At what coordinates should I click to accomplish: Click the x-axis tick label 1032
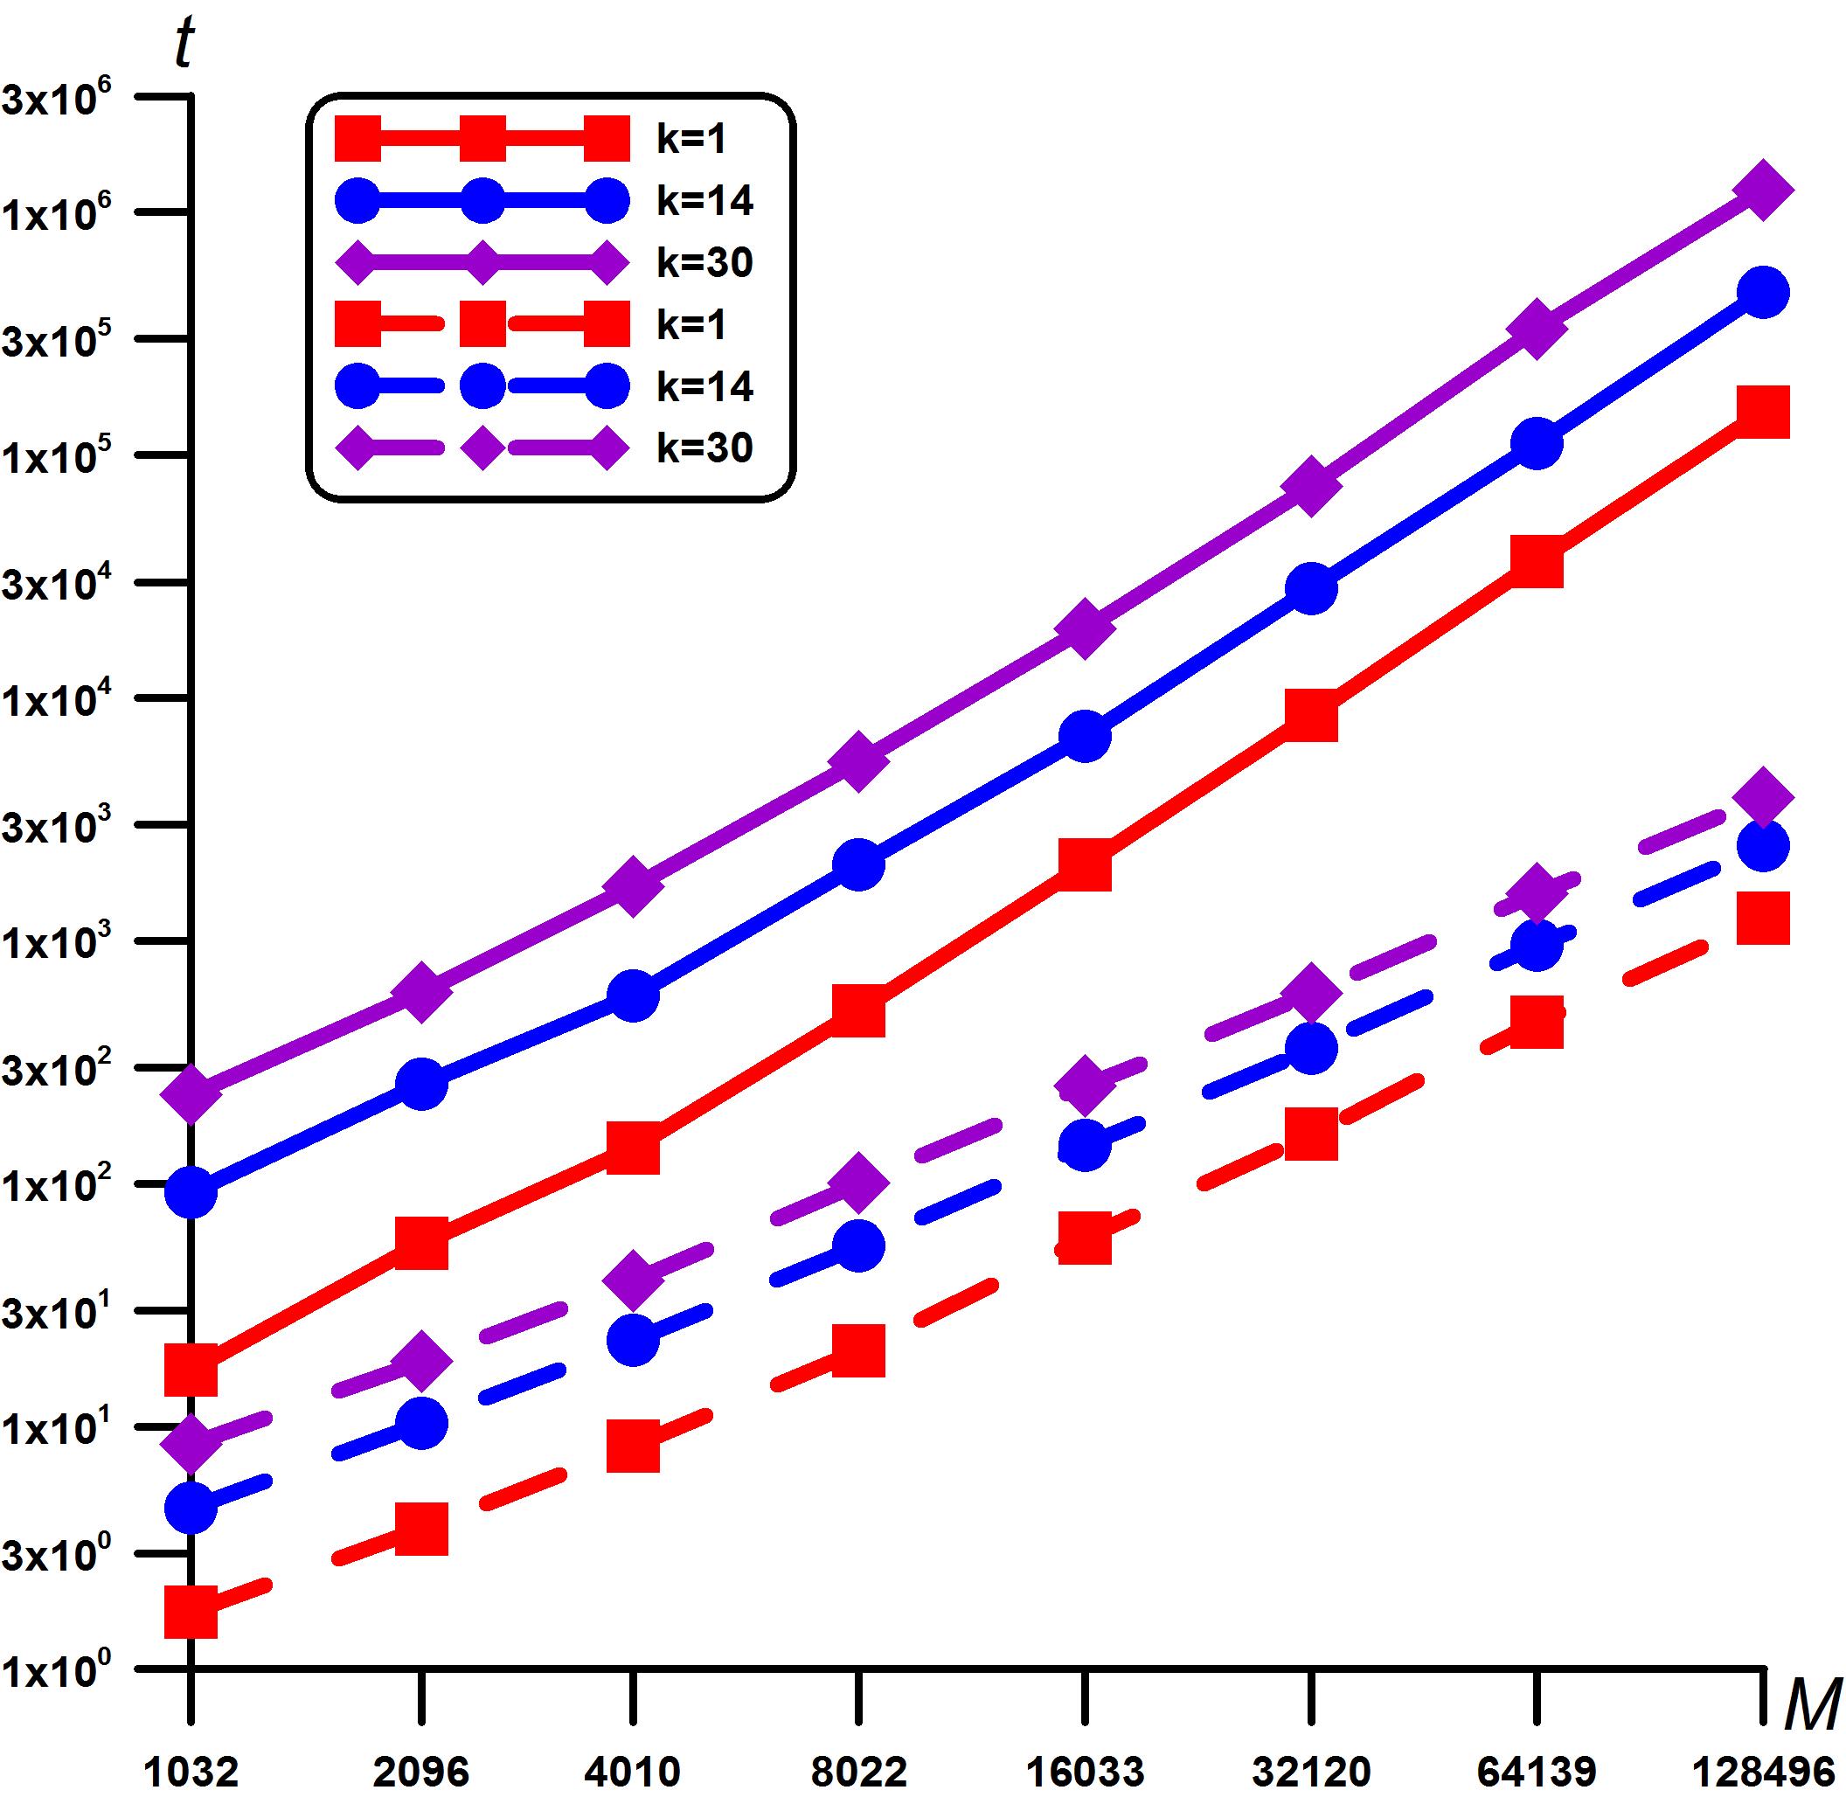(191, 1771)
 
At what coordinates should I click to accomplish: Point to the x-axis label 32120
(1310, 1771)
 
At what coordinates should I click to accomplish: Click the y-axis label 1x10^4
(57, 700)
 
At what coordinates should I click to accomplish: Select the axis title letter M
(1812, 1704)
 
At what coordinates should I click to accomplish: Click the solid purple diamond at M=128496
(1762, 189)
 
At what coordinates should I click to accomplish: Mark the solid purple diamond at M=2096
(421, 992)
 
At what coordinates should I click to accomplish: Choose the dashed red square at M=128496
(1762, 918)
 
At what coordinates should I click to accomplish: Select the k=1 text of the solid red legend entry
(691, 139)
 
